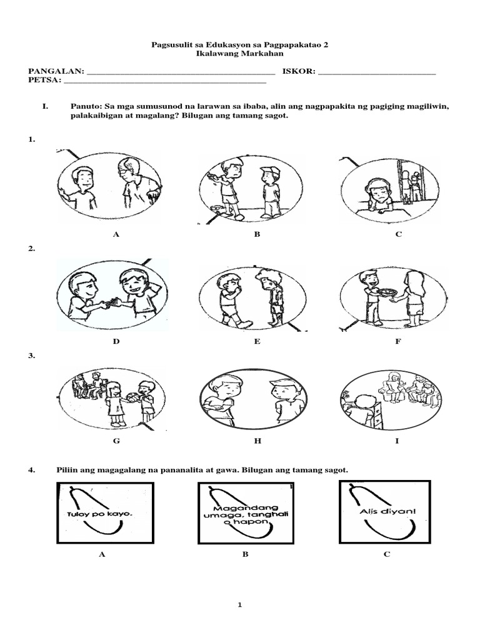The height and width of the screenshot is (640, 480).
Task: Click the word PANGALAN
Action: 54,72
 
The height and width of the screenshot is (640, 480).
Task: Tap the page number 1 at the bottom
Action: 240,605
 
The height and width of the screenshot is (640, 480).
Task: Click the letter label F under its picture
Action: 397,342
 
